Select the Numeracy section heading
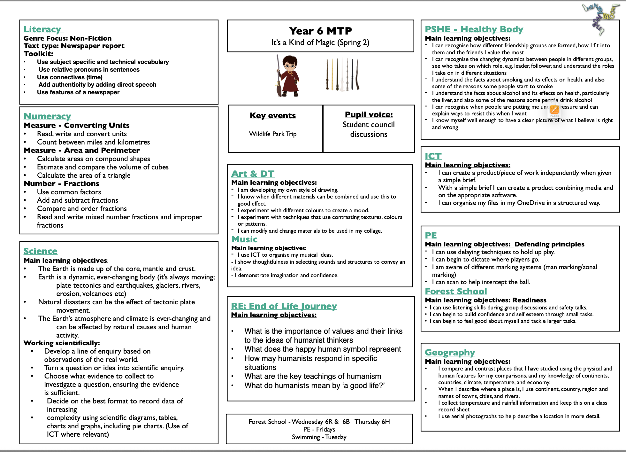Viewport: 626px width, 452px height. (x=47, y=116)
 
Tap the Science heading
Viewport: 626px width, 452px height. (x=41, y=251)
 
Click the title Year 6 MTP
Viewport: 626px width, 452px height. (x=320, y=31)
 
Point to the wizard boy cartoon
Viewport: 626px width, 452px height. (x=288, y=76)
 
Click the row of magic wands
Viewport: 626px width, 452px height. (x=343, y=74)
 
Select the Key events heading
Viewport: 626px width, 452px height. (x=273, y=116)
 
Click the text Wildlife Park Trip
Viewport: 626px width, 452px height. (x=273, y=134)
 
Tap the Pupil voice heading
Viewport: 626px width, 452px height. (x=369, y=115)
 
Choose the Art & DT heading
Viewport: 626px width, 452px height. (x=253, y=174)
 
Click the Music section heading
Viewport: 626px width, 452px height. (x=244, y=239)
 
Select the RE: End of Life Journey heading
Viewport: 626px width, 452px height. (x=284, y=306)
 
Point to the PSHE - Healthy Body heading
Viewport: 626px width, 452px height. (x=474, y=29)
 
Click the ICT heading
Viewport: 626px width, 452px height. (x=433, y=156)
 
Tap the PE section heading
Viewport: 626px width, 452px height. (x=431, y=236)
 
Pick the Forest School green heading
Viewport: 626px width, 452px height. (x=456, y=292)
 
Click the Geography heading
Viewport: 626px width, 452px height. (x=450, y=353)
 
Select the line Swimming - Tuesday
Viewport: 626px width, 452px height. (x=319, y=437)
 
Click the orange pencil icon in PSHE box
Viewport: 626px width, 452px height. (x=554, y=110)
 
